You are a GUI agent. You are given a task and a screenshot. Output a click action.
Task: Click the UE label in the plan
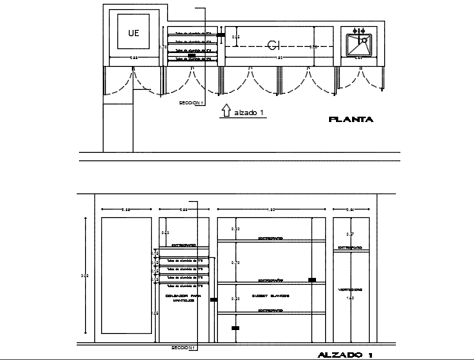coord(133,33)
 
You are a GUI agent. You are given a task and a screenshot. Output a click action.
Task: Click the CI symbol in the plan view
coord(272,45)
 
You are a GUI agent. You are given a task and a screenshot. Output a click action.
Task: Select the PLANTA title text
coord(351,119)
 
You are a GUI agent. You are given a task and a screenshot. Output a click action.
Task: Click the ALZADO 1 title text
coord(345,355)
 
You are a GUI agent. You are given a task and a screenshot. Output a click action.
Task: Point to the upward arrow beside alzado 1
coord(225,111)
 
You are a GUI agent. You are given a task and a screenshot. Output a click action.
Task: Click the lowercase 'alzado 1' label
coord(249,114)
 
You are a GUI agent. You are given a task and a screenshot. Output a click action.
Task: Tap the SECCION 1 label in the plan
coord(190,102)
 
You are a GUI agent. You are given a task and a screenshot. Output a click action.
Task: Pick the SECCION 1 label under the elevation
coord(184,348)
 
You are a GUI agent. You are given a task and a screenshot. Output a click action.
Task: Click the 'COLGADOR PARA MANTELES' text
coord(183,298)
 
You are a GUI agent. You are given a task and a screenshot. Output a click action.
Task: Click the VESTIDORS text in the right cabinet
coord(350,289)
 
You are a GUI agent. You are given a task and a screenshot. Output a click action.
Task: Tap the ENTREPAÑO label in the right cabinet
coord(350,247)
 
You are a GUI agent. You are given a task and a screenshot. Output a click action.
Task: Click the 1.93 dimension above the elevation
coord(272,209)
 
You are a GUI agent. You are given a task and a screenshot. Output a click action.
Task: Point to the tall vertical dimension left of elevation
coord(84,276)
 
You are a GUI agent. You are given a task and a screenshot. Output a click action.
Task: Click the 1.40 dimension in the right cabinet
coord(351,298)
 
